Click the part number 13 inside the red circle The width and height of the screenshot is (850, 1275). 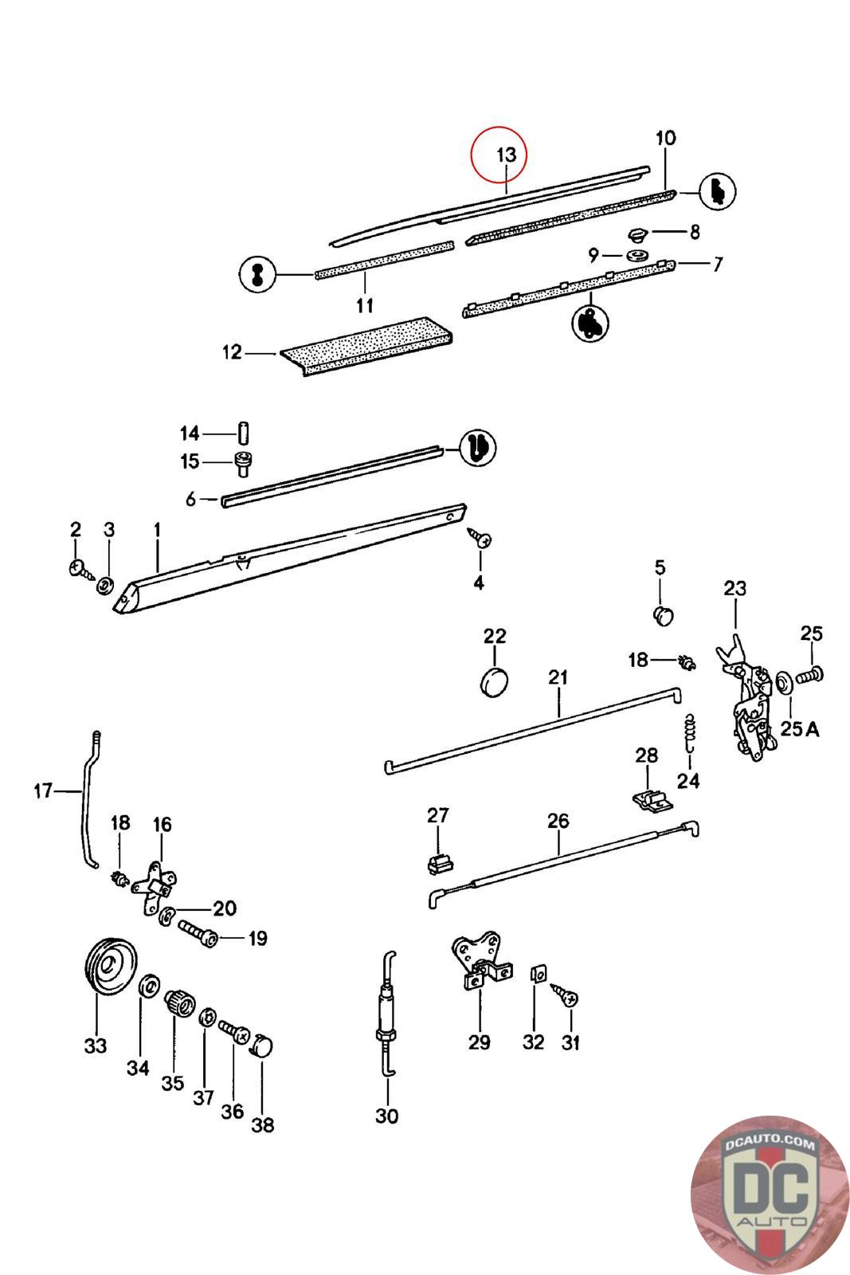(506, 155)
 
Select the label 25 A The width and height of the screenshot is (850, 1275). (799, 728)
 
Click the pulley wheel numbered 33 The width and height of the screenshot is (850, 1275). (112, 965)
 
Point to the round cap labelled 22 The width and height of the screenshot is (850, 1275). (494, 682)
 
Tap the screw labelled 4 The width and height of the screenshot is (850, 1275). (480, 537)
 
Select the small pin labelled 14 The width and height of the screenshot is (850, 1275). (243, 433)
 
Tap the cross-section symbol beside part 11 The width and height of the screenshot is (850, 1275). (257, 274)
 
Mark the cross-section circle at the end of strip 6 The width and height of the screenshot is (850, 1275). (477, 448)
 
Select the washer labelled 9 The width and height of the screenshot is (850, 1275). (638, 255)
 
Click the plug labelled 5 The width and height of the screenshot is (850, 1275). (663, 616)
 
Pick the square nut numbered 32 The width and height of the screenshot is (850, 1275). (539, 973)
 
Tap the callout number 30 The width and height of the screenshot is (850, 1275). (387, 1116)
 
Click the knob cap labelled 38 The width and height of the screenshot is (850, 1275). (263, 1046)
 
